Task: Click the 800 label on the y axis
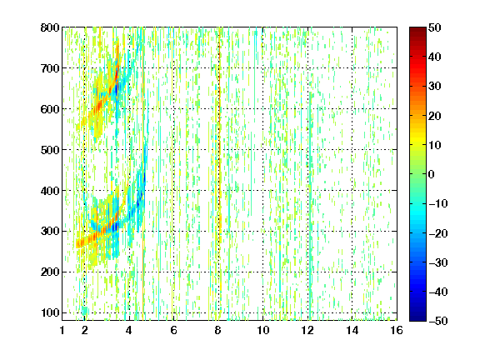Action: [x=50, y=27]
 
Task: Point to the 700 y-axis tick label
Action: [x=50, y=68]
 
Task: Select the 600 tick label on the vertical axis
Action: [x=50, y=109]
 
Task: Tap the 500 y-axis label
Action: [x=50, y=150]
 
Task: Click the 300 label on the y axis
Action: [x=50, y=231]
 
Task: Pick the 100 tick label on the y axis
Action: [x=50, y=312]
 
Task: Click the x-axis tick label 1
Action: [x=62, y=330]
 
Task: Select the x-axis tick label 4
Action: [x=129, y=330]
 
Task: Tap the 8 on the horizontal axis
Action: [x=218, y=330]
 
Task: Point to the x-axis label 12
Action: [x=307, y=330]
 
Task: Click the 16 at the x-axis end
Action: [x=397, y=330]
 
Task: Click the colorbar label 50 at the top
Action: [x=434, y=27]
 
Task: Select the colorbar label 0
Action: [x=431, y=174]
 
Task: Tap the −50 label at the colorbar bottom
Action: [x=438, y=321]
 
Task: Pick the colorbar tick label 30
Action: [x=434, y=87]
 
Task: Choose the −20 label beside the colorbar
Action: [x=438, y=233]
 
